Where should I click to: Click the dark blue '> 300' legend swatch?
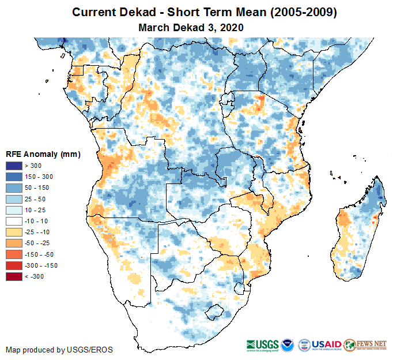click(x=14, y=166)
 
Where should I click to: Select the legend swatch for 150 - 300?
click(x=14, y=177)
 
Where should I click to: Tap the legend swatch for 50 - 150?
click(x=14, y=188)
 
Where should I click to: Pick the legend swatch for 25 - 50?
click(x=14, y=199)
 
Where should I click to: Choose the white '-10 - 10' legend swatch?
click(x=14, y=221)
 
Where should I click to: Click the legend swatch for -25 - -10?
click(x=14, y=232)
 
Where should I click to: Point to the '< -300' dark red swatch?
click(x=14, y=276)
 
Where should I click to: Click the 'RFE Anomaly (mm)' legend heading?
click(x=43, y=154)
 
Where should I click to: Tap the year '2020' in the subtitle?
click(x=232, y=27)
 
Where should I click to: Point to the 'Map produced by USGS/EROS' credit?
click(x=59, y=350)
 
